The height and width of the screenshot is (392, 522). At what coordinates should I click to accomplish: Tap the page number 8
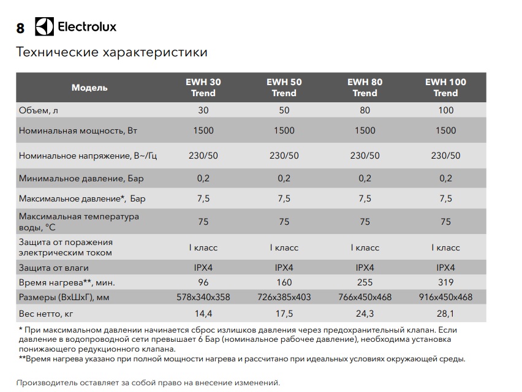point(20,28)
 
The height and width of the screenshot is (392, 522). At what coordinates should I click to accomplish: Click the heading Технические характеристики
point(112,52)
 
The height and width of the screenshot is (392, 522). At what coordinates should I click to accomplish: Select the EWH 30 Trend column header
point(203,88)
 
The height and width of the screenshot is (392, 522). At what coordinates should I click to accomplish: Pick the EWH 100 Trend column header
point(445,88)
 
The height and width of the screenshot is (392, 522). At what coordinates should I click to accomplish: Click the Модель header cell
point(89,88)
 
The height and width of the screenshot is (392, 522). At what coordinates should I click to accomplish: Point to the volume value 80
point(365,110)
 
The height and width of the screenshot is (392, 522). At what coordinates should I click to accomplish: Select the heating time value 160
point(284,282)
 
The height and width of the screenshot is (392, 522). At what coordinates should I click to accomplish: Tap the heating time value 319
point(445,282)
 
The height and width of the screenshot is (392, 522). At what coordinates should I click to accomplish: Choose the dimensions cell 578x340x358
point(203,297)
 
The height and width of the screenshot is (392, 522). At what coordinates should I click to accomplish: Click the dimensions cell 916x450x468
point(445,297)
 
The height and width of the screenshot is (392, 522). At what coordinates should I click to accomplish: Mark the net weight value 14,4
point(203,314)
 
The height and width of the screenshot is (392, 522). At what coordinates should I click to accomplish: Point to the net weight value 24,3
point(365,314)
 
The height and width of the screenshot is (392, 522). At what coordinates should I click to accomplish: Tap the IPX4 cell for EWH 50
point(284,268)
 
